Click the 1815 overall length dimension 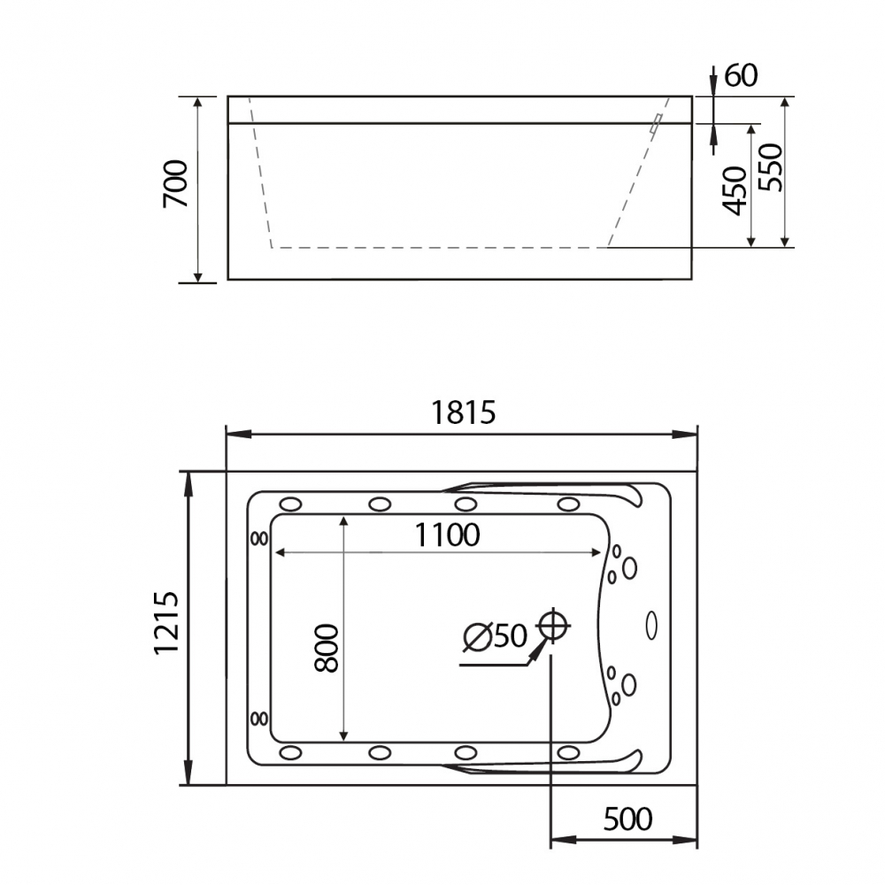pos(462,412)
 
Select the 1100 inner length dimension pos(449,535)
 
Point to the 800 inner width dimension pos(327,648)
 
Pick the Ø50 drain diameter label pos(495,636)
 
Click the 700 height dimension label pos(176,183)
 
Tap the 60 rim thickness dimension pos(742,76)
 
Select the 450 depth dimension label pos(735,190)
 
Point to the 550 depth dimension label pos(769,168)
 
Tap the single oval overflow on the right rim pos(652,625)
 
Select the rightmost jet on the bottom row pos(568,752)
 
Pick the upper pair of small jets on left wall pos(259,537)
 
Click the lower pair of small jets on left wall pos(259,718)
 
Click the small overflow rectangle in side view pos(656,125)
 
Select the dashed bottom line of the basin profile pos(438,248)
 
